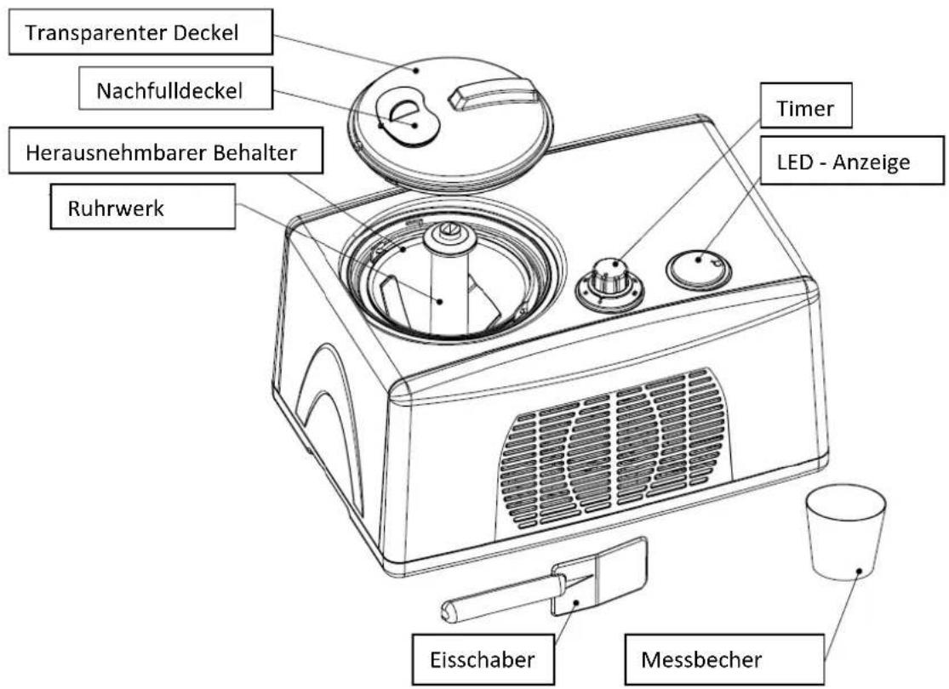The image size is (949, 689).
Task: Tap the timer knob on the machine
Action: (609, 278)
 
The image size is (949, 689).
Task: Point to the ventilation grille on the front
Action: (613, 448)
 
